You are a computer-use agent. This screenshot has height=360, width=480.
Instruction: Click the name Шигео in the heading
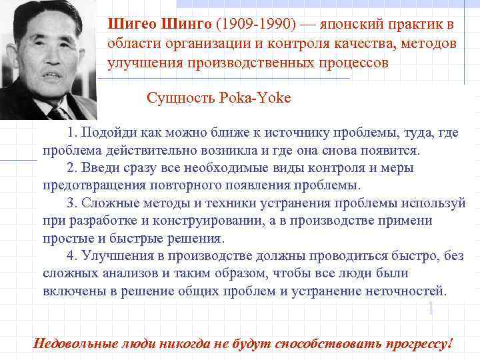point(131,25)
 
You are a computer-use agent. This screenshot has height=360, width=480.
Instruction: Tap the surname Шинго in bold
point(184,25)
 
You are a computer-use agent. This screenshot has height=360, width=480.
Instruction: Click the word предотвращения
point(86,185)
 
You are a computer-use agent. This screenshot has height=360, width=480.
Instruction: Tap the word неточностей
point(413,291)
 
